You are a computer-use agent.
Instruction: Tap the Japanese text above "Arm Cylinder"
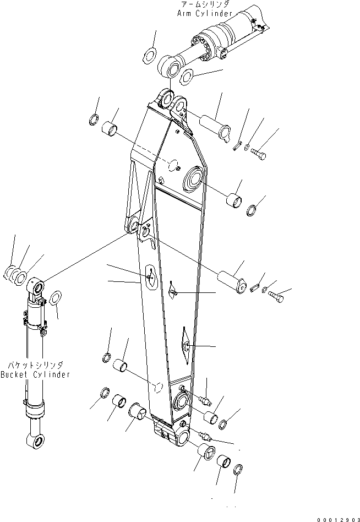(205, 4)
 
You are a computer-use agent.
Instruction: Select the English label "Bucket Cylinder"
(35, 374)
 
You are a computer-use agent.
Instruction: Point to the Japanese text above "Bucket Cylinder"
(35, 365)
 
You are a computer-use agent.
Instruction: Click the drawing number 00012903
(336, 519)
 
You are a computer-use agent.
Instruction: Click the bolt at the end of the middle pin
(278, 297)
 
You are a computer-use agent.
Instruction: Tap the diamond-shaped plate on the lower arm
(185, 346)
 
